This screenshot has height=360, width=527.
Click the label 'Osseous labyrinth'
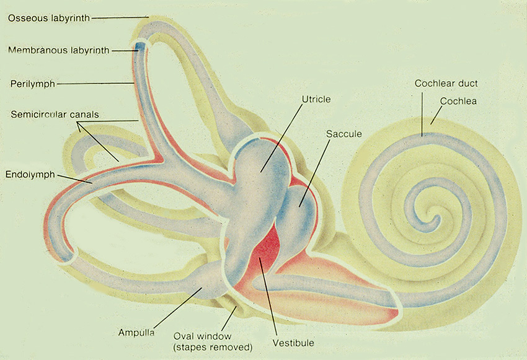point(48,17)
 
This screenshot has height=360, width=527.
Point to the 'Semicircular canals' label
point(55,115)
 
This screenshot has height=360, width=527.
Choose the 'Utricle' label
point(316,99)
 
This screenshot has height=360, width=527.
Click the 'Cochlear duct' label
point(446,83)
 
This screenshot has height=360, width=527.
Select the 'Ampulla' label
point(136,332)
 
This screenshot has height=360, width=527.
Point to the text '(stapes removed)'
point(213,346)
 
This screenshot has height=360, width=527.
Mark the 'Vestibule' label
point(293,342)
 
